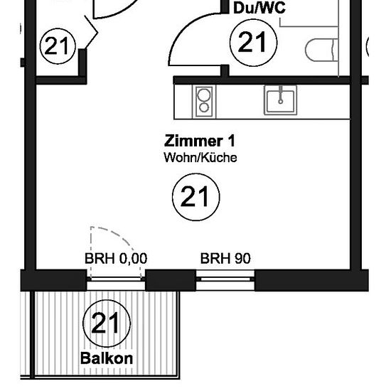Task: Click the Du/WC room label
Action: [x=259, y=8]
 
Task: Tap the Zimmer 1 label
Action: [x=200, y=141]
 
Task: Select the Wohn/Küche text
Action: [x=200, y=158]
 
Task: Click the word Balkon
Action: [x=107, y=358]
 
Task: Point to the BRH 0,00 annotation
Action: [x=116, y=258]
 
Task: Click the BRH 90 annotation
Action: [x=225, y=258]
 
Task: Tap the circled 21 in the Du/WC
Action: [x=253, y=43]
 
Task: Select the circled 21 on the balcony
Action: [x=107, y=323]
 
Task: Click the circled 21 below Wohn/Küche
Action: [x=196, y=197]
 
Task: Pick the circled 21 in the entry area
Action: [x=58, y=46]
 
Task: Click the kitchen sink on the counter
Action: [x=281, y=100]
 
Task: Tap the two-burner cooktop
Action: [x=204, y=102]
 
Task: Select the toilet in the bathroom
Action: [x=321, y=50]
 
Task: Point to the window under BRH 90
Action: [x=225, y=279]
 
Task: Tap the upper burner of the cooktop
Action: [x=204, y=95]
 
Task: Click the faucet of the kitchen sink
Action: [x=281, y=95]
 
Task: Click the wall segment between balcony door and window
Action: [x=171, y=280]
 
